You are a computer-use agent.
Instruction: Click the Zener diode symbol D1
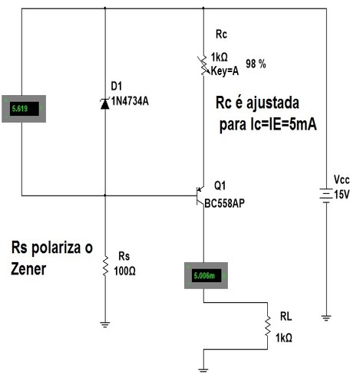105,104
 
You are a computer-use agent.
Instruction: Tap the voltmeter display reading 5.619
24,109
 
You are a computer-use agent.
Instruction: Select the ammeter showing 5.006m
206,275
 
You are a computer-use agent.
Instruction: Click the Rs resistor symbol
105,266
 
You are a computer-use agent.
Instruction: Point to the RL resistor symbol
268,326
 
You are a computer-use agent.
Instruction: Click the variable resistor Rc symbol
203,65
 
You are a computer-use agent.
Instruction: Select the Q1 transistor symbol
200,196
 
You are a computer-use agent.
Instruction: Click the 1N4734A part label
130,101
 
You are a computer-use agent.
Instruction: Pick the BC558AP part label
225,203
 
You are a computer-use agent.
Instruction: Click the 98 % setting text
256,64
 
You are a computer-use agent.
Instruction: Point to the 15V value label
342,195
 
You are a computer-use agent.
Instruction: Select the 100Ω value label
124,271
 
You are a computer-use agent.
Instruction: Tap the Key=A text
225,71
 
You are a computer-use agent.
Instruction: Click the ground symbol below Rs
105,324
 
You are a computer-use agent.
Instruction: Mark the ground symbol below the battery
326,318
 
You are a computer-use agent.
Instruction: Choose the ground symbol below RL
203,370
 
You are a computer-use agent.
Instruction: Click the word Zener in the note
28,269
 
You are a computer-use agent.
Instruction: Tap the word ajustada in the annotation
272,103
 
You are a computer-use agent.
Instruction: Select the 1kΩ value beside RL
284,338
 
